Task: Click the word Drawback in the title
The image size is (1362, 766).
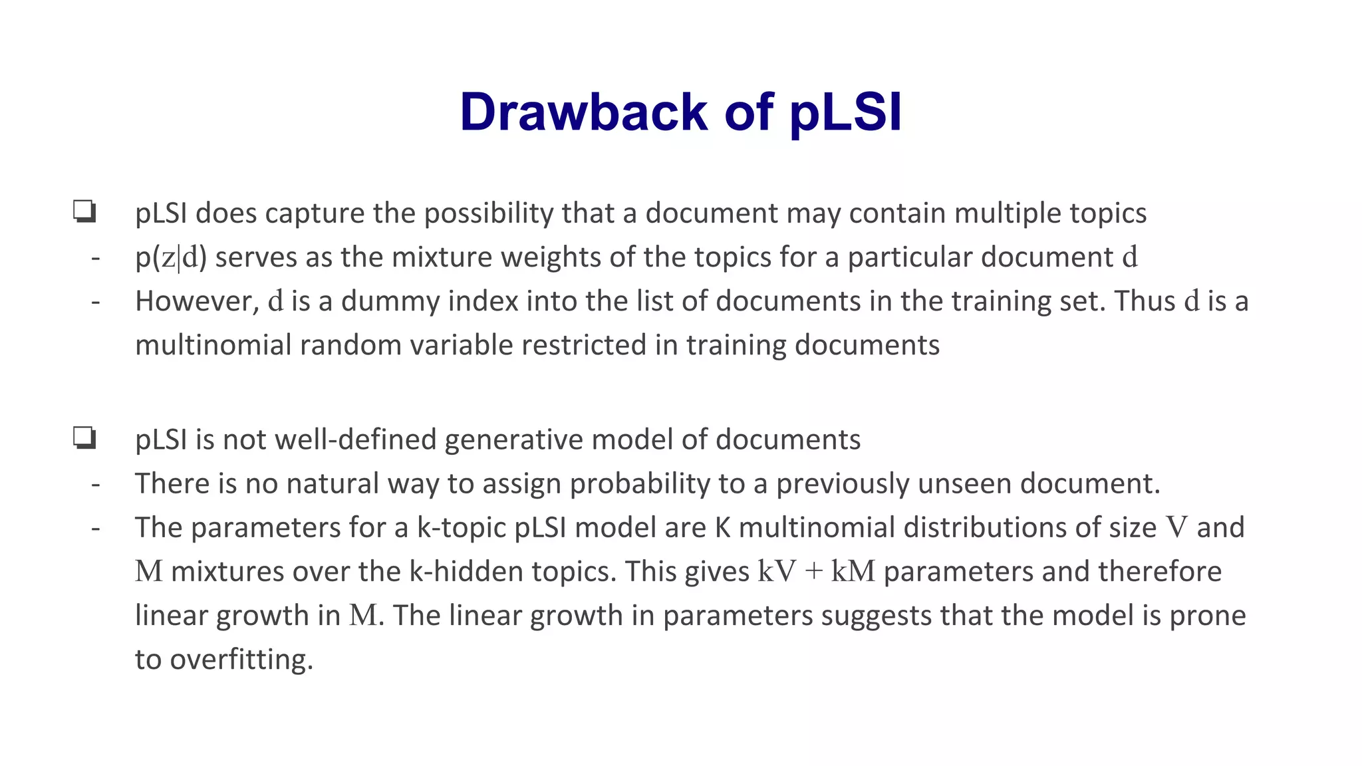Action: pyautogui.click(x=583, y=112)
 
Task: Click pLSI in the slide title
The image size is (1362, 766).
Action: pyautogui.click(x=845, y=112)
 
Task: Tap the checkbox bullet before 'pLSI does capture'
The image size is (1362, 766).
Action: pyautogui.click(x=84, y=212)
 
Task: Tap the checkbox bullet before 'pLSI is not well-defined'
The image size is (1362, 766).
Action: pyautogui.click(x=84, y=439)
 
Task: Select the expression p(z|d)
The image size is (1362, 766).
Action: pyautogui.click(x=171, y=257)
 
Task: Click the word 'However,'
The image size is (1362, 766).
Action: pyautogui.click(x=197, y=301)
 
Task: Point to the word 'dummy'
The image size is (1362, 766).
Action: pyautogui.click(x=388, y=301)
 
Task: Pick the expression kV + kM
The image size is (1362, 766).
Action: pyautogui.click(x=816, y=571)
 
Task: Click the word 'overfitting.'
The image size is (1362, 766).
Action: pyautogui.click(x=241, y=660)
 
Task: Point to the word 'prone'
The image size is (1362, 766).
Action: pyautogui.click(x=1207, y=615)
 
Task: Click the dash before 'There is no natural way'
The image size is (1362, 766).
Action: pyautogui.click(x=96, y=484)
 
